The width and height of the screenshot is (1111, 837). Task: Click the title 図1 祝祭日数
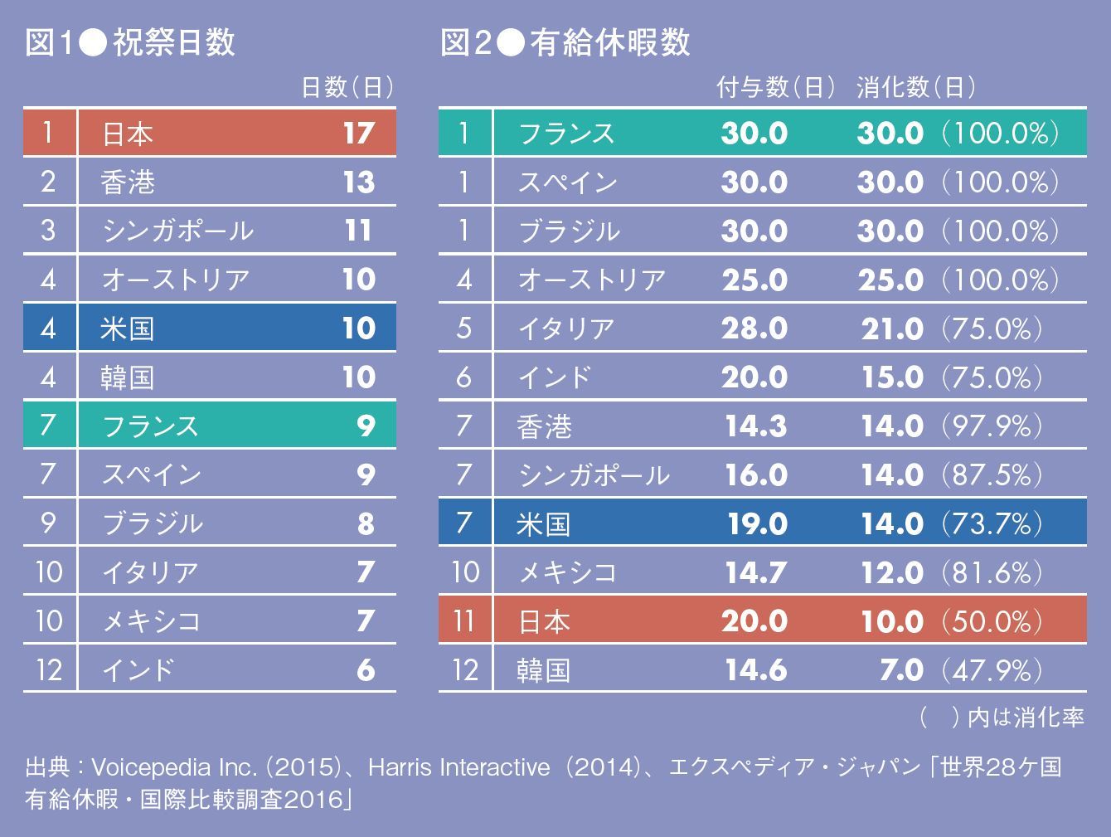point(130,43)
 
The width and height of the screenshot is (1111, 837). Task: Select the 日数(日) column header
point(347,87)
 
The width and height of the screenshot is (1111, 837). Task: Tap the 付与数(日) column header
point(775,87)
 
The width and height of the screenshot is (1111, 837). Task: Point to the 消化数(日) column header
point(915,87)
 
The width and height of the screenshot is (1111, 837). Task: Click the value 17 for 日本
point(358,134)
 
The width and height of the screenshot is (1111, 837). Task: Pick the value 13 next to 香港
point(358,182)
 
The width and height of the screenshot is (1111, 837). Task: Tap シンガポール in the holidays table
point(177,231)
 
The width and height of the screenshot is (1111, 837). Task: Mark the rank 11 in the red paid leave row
point(465,621)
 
